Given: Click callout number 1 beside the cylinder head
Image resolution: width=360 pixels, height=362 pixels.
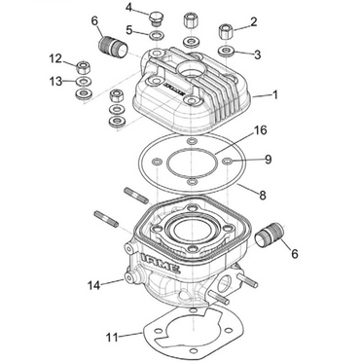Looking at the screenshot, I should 277,95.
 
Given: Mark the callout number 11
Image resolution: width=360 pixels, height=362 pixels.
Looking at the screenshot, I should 112,336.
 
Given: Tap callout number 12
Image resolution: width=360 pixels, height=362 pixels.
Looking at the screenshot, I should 56,59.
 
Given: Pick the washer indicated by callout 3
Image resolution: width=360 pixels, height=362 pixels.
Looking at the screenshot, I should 226,49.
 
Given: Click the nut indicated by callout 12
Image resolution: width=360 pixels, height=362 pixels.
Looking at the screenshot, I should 85,66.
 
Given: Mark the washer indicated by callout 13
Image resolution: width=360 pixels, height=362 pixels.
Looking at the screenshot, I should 85,89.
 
